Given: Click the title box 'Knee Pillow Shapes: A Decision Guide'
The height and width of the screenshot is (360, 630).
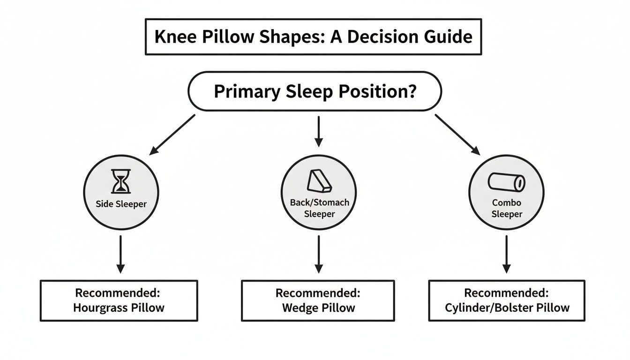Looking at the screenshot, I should pos(313,37).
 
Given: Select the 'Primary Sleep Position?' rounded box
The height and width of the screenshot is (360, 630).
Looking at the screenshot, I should pos(315,91).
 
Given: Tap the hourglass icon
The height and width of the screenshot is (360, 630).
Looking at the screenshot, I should pos(121,181).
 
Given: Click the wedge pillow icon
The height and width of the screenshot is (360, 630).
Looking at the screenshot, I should pos(318,180).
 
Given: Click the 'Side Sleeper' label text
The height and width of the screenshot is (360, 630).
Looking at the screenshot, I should pos(121,204).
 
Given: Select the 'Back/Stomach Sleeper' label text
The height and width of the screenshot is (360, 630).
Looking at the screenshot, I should pos(319,208).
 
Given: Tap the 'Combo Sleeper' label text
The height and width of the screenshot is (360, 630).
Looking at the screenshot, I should pos(507,208).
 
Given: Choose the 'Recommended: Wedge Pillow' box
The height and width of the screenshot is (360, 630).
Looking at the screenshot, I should pos(318,300).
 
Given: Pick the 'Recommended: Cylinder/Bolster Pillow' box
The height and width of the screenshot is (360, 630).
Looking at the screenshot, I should pos(506,300).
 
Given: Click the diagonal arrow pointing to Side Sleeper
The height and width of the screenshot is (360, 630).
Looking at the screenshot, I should pos(172,134).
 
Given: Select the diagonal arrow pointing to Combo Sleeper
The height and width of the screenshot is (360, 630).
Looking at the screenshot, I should pos(457,134).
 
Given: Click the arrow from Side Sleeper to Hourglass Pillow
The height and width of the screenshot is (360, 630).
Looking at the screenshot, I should pos(120,254).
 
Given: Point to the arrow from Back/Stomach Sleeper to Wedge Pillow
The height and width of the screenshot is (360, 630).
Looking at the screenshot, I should pos(319,254).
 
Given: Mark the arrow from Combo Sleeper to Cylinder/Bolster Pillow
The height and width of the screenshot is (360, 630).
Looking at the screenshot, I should pos(506,254).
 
